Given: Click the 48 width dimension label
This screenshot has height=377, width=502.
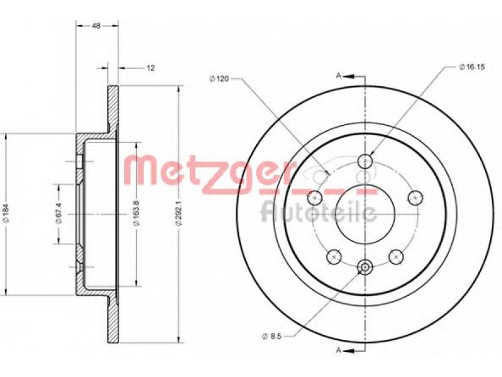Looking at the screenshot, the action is click(96, 26).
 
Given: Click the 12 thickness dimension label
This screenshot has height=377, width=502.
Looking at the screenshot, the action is click(151, 68).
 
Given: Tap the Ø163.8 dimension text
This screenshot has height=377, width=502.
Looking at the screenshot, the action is click(137, 214).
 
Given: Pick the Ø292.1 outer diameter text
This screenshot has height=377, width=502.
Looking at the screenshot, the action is click(179, 214).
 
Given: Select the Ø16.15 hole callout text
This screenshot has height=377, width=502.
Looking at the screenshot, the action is click(472, 67).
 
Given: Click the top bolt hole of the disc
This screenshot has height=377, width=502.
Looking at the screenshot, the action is click(365, 161).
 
